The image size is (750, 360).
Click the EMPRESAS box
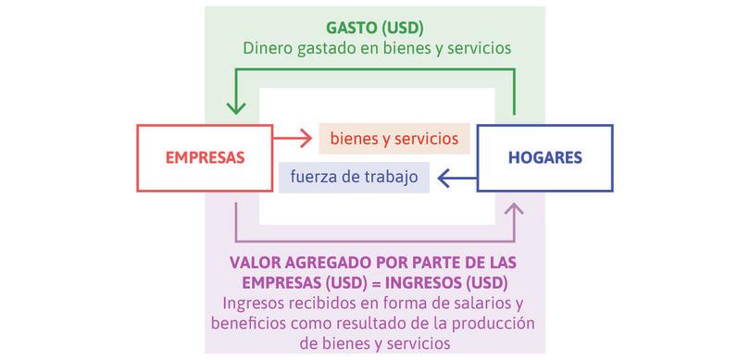(x=205, y=157)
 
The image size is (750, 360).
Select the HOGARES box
(x=544, y=157)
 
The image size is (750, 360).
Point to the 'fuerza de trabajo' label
(x=354, y=176)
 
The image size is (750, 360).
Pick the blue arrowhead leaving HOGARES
(x=443, y=176)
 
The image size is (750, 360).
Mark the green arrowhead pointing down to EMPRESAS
(x=238, y=110)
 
